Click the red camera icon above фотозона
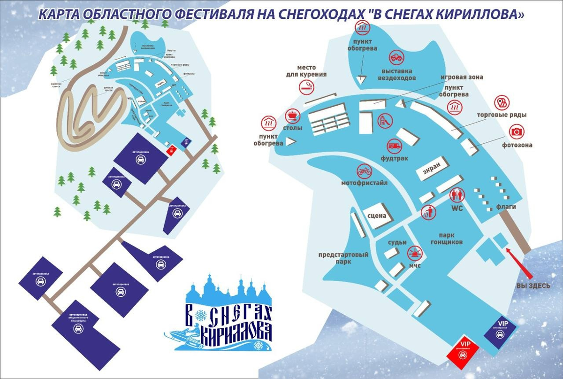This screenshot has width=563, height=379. (517, 131)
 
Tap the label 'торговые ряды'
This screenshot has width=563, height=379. (502, 115)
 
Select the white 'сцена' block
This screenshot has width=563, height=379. (377, 216)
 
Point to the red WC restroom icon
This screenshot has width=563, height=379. (456, 195)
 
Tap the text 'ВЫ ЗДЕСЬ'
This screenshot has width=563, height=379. (533, 286)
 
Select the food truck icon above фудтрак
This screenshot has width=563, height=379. (394, 146)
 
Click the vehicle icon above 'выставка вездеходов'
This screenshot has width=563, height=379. (396, 58)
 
